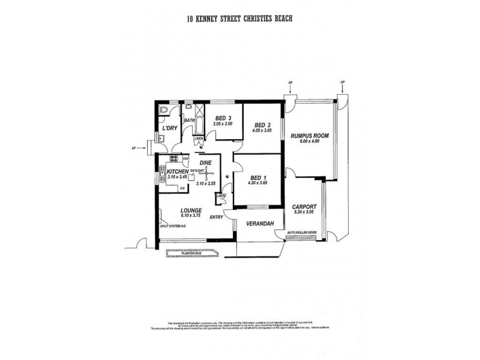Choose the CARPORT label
(x=305, y=206)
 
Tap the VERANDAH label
(x=260, y=224)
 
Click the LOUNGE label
(x=191, y=211)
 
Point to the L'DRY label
(x=169, y=128)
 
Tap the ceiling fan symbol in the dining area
(x=202, y=173)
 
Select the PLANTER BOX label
(x=191, y=253)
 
